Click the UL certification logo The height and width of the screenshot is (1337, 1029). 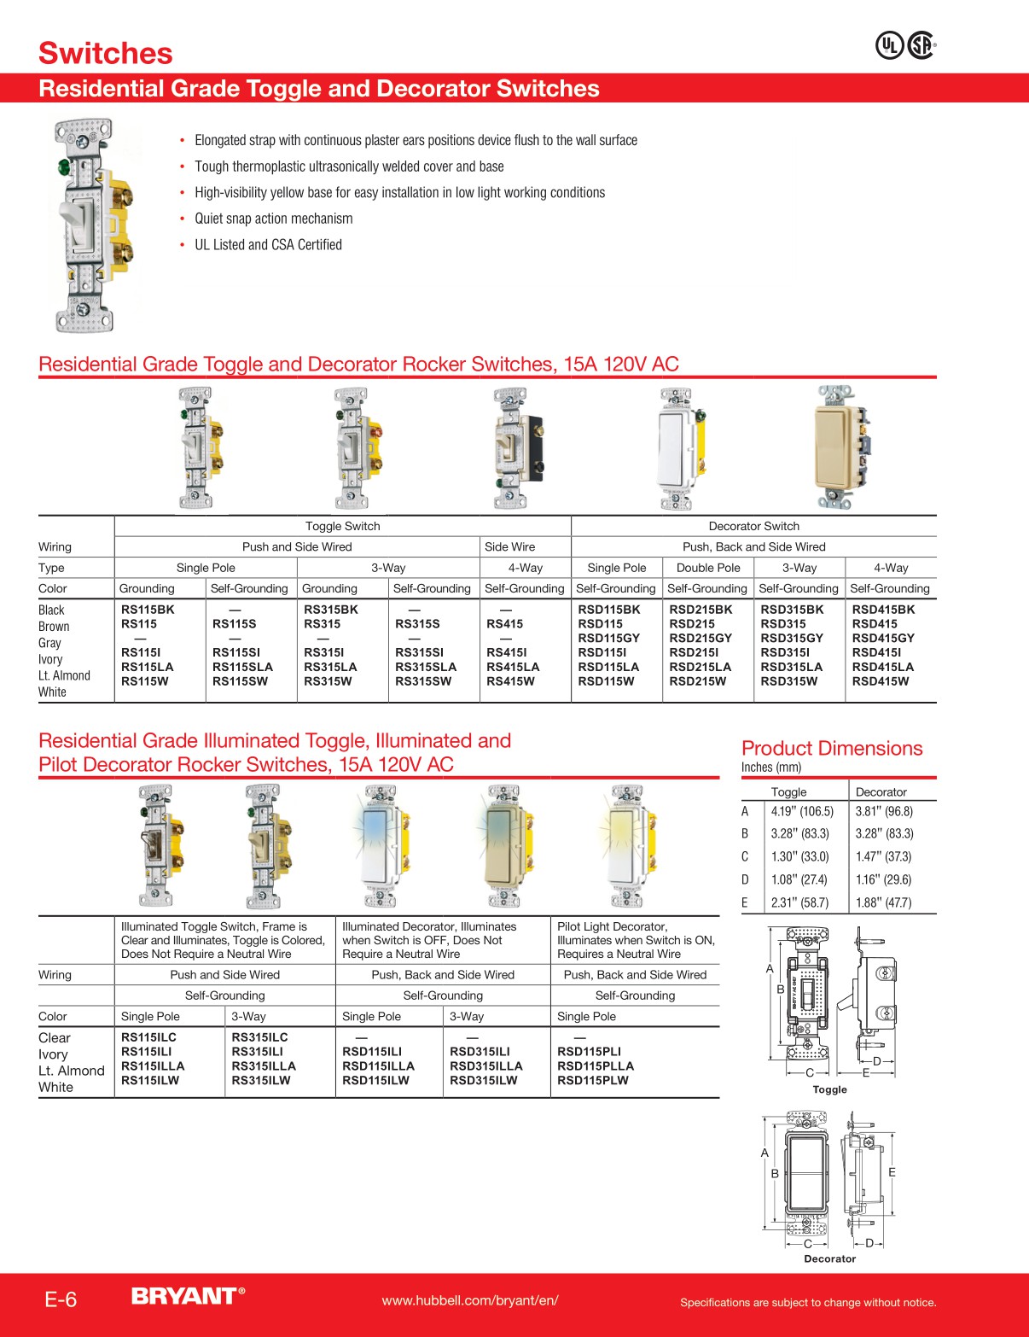coord(890,45)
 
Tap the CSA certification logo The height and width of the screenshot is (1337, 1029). coord(921,45)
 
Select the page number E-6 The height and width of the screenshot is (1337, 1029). coord(61,1299)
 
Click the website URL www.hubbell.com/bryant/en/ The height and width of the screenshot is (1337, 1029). coord(470,1300)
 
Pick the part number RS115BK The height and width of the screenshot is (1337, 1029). coord(148,610)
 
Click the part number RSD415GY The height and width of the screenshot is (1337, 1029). coord(883,638)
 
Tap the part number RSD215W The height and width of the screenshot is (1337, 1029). coord(698,681)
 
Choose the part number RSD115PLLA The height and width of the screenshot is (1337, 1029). coord(596,1066)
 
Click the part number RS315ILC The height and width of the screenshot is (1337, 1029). coord(260,1037)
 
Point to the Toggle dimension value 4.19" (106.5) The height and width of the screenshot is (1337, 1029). coord(802,811)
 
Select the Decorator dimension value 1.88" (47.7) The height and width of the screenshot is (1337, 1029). coord(883,902)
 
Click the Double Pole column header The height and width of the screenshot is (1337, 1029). coord(708,568)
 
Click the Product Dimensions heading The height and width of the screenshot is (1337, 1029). coord(832,749)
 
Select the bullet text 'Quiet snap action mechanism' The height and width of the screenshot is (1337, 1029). coord(273,219)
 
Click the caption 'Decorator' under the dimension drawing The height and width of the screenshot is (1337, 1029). coord(829,1258)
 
